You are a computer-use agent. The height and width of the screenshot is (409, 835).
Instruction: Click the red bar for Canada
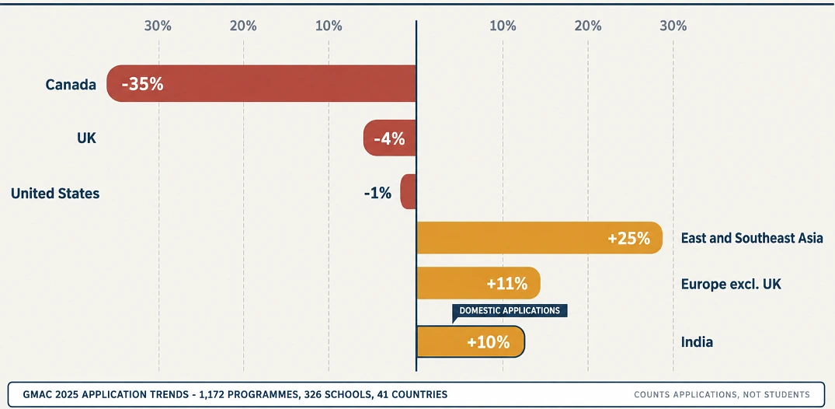262,83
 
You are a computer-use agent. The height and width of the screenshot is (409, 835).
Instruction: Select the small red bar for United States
409,191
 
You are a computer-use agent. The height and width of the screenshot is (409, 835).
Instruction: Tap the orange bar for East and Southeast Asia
539,238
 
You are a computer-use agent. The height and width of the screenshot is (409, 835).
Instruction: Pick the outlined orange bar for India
471,341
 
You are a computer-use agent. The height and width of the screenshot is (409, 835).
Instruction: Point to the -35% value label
142,84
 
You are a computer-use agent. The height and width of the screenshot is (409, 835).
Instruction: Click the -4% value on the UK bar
389,139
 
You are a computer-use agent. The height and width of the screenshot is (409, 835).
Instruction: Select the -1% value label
377,193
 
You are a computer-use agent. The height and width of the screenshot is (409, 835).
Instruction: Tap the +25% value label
629,239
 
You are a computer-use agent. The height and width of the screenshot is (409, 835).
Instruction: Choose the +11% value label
507,284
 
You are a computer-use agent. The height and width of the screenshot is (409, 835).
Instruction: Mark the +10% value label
489,342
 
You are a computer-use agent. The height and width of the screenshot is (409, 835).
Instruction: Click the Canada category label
71,84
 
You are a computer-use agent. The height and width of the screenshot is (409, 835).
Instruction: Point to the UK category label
86,138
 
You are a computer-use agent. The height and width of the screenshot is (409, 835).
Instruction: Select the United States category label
55,193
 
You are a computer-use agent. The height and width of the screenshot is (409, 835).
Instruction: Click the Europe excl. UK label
731,285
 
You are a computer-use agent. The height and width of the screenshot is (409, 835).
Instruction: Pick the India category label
697,342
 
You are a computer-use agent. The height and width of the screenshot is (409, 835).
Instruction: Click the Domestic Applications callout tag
510,310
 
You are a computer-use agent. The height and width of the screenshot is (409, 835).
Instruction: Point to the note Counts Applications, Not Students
722,395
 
